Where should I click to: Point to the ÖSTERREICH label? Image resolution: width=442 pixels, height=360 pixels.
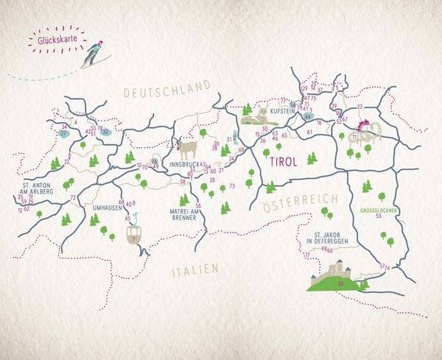(x=300, y=200)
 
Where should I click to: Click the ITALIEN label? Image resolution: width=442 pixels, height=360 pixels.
(x=195, y=271)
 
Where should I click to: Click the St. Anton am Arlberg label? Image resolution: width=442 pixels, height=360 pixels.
(x=36, y=189)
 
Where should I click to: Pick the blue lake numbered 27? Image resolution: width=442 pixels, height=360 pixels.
(x=64, y=133)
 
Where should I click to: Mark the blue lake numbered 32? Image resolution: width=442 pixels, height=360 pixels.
(x=106, y=133)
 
